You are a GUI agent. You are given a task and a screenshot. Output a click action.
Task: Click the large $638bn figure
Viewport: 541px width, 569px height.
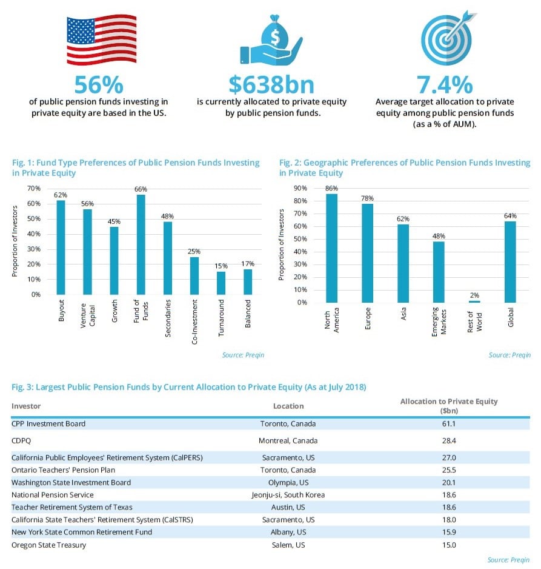271,84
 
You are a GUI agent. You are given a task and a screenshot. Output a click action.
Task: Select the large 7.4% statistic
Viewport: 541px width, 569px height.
444,84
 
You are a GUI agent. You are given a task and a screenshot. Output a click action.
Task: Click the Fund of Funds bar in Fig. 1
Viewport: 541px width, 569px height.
141,244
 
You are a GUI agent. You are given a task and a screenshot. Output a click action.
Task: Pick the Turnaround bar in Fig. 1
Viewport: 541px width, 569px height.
221,283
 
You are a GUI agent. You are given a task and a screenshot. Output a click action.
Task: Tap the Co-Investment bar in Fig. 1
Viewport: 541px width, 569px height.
194,275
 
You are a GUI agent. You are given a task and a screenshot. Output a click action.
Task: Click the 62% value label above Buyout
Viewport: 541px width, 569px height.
61,195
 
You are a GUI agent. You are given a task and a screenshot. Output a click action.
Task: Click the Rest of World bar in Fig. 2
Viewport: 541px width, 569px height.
475,301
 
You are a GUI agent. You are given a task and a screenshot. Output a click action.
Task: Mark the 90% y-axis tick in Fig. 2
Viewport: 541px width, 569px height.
300,188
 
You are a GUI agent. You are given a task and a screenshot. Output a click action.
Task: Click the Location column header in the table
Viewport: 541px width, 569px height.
288,406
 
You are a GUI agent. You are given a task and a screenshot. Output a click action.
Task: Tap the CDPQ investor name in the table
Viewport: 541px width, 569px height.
22,440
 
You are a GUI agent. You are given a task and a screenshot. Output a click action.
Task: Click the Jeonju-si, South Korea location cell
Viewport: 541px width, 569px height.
288,495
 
